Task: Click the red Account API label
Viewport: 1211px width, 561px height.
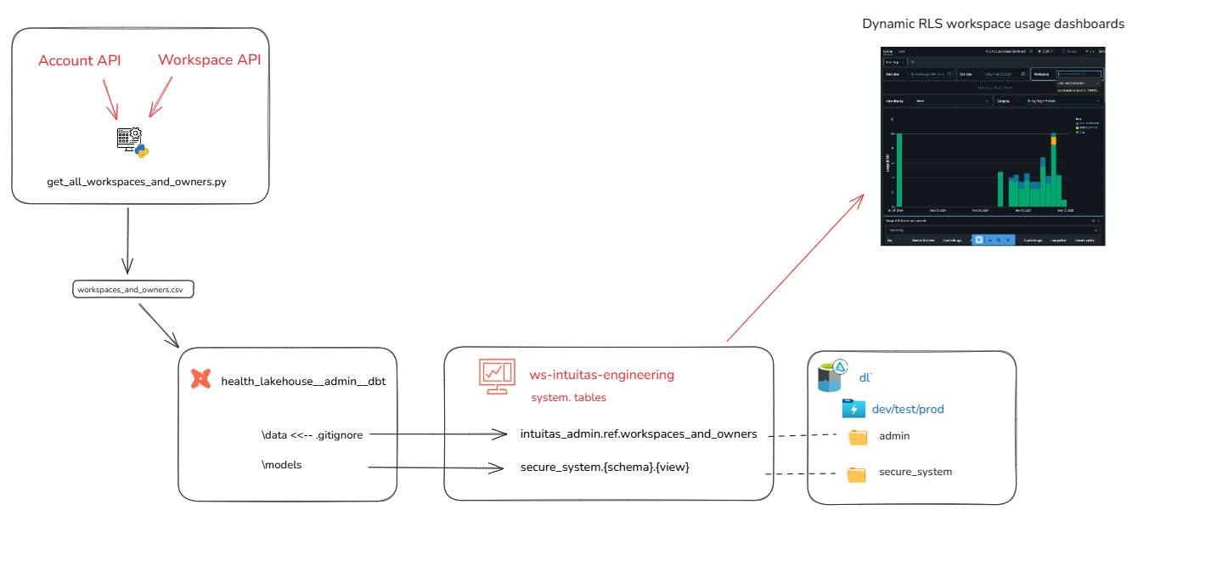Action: coord(80,60)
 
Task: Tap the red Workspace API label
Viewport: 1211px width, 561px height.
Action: coord(209,59)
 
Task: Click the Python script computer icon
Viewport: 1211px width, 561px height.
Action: coord(132,142)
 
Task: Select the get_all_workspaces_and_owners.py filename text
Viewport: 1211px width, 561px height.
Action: coord(137,182)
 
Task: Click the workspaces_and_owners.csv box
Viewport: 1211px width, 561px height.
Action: coord(132,290)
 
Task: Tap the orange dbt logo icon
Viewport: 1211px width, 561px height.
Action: coord(200,379)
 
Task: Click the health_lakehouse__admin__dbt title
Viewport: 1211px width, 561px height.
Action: coord(303,381)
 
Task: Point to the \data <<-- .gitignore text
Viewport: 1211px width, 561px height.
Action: coord(313,434)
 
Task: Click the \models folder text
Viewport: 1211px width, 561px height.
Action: coord(281,465)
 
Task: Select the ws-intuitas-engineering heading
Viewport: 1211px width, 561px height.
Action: coord(601,375)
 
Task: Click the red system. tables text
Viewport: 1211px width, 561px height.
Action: coord(568,397)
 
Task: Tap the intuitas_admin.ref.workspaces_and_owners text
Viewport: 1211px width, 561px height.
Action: coord(638,433)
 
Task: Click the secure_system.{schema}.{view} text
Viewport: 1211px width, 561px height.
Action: coord(604,466)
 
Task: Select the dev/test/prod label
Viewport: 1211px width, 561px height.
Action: coord(907,409)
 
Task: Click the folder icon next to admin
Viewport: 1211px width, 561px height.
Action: coord(858,437)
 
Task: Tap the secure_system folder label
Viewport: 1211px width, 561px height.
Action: coord(915,472)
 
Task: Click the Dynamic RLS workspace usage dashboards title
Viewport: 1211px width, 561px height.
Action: coord(993,24)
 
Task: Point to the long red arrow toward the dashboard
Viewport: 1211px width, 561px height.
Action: coord(794,269)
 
